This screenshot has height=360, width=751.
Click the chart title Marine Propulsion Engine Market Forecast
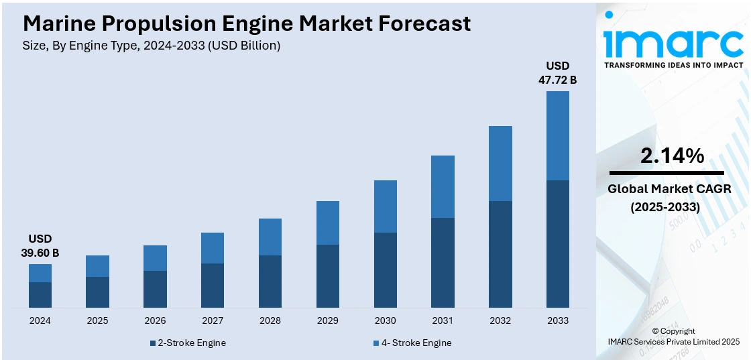(247, 23)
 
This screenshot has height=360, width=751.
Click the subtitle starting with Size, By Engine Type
(152, 46)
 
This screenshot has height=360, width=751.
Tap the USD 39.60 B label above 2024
(40, 245)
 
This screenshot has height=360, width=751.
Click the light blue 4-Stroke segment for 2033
(557, 135)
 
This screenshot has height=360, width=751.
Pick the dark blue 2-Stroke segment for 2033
(557, 244)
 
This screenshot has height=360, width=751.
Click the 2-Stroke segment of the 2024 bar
(40, 295)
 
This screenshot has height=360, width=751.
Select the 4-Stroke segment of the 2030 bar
(385, 206)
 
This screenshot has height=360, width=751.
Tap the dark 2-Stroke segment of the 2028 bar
(270, 282)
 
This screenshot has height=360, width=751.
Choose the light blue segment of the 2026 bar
(155, 258)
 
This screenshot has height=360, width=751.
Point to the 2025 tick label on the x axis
(97, 320)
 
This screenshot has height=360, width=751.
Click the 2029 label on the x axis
(327, 320)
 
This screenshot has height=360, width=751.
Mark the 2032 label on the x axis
(500, 320)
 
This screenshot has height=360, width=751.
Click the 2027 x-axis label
(213, 320)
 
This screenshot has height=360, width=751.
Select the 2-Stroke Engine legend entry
(188, 343)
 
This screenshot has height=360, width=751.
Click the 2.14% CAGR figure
(672, 156)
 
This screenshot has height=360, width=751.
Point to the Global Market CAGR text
(669, 189)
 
